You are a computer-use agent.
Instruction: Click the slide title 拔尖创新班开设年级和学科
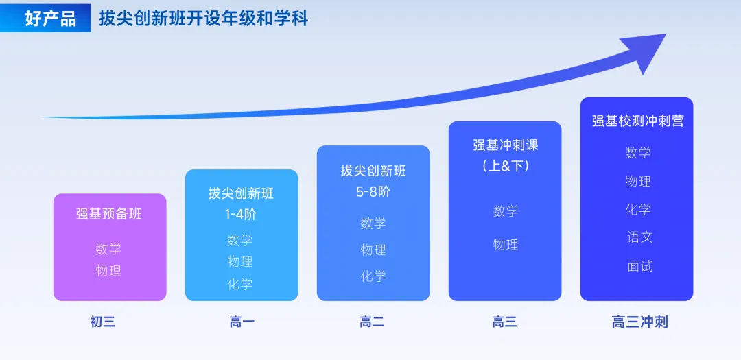(203, 19)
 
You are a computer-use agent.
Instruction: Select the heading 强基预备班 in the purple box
(109, 214)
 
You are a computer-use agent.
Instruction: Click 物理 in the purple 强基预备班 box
(109, 271)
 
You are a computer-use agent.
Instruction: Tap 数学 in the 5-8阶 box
(373, 224)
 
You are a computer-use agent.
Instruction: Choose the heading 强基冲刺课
(505, 145)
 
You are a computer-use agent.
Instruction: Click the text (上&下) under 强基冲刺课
(505, 167)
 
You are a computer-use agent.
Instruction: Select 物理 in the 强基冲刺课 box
(505, 245)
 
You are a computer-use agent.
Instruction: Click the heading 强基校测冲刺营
(637, 121)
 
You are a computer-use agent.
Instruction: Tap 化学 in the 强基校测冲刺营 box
(638, 210)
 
